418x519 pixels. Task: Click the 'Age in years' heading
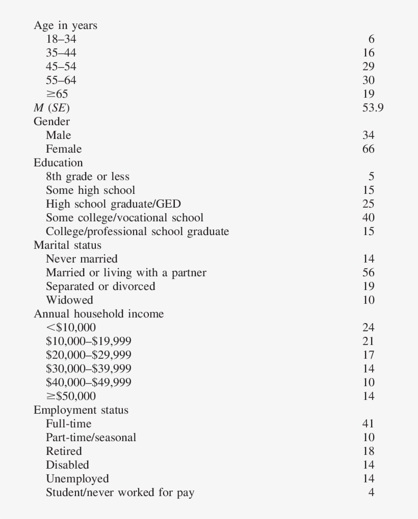click(x=65, y=25)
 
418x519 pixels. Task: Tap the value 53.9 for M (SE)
click(x=373, y=107)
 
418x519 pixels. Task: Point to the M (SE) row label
click(x=51, y=108)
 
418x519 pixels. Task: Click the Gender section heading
click(x=51, y=121)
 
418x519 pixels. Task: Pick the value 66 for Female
click(x=368, y=149)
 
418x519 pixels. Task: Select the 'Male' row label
click(x=58, y=135)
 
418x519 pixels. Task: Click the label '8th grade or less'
click(x=87, y=176)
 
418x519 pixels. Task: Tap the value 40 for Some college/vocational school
click(x=368, y=217)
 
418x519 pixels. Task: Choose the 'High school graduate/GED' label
click(x=113, y=204)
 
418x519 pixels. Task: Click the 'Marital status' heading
click(x=67, y=245)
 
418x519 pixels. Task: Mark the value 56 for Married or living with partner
click(x=368, y=272)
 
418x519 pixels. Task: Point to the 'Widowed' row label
click(x=69, y=300)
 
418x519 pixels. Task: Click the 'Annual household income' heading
click(x=98, y=313)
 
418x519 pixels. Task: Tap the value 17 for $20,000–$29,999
click(x=368, y=355)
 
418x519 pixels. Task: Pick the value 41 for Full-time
click(x=368, y=423)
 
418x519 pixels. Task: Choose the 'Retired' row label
click(x=64, y=451)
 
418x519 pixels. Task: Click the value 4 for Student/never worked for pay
click(x=371, y=492)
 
